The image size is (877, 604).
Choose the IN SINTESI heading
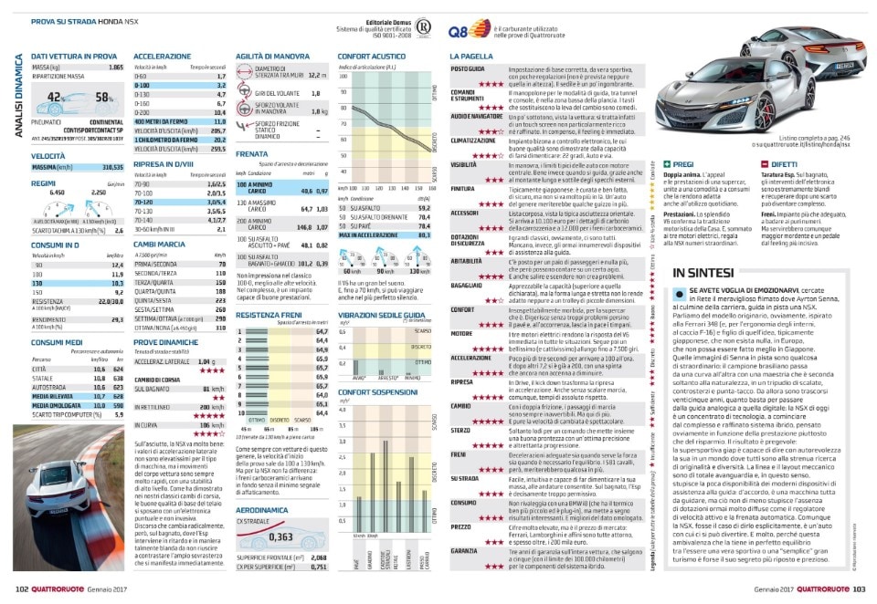pos(705,273)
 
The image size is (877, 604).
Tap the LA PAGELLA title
pos(471,57)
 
